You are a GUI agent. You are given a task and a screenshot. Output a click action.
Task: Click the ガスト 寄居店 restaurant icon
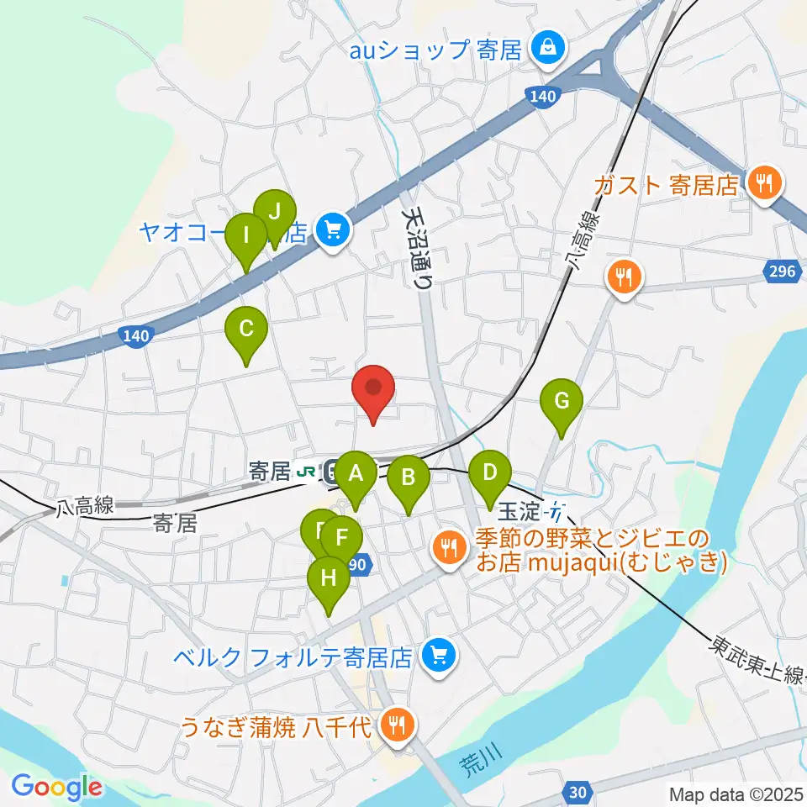[x=764, y=182]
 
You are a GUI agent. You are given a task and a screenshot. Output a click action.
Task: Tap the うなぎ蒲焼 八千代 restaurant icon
[x=394, y=724]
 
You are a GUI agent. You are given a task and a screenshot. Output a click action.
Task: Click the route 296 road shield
[x=781, y=271]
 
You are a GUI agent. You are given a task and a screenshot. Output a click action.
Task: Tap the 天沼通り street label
[x=419, y=247]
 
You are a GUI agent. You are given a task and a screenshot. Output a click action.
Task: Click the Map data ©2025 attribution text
[x=736, y=794]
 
